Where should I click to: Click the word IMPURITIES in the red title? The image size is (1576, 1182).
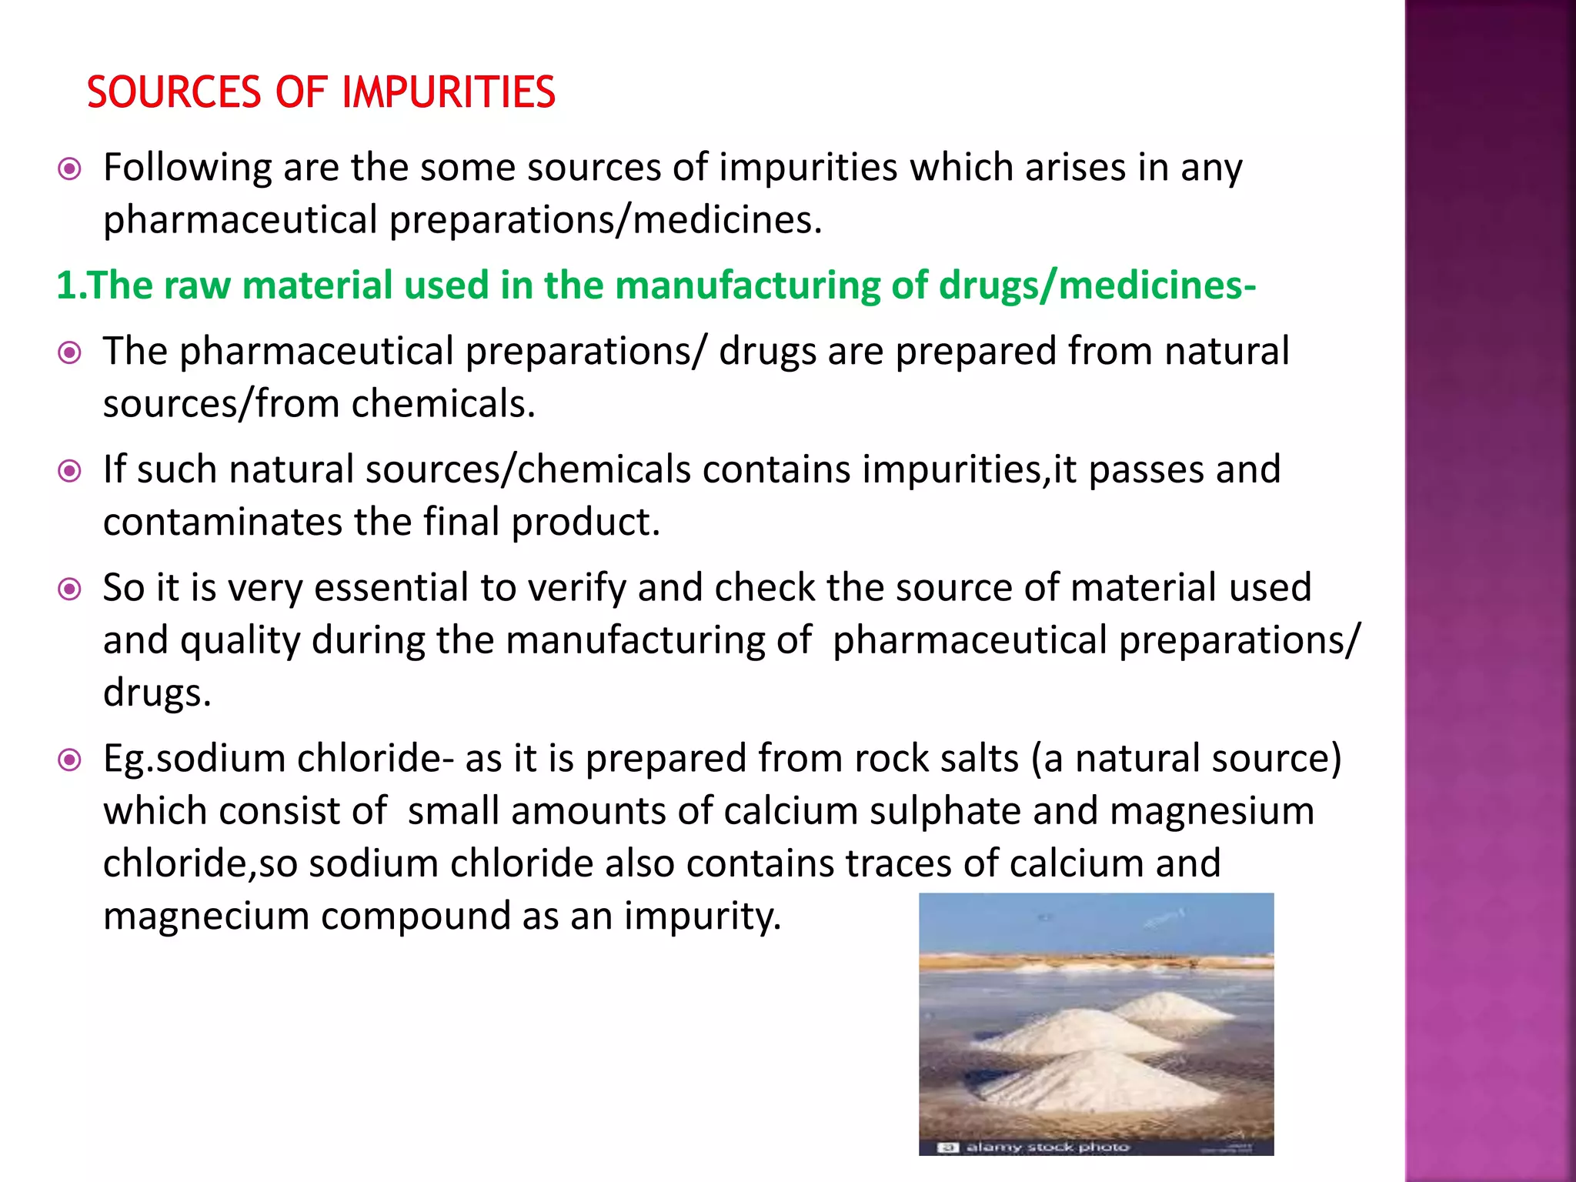(448, 92)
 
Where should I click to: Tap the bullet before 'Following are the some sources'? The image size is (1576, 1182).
(70, 169)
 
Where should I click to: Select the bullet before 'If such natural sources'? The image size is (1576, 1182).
(70, 470)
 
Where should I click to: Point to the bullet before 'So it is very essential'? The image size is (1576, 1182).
(70, 589)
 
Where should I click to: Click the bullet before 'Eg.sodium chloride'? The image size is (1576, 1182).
(70, 760)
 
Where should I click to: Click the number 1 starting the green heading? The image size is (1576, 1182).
(66, 285)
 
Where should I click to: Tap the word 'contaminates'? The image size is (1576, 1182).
(222, 523)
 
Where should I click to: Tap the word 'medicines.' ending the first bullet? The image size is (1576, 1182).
(727, 221)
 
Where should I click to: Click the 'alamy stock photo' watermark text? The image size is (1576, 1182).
(1047, 1147)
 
